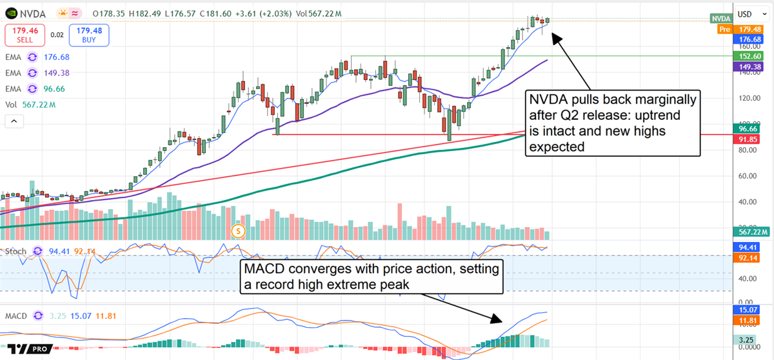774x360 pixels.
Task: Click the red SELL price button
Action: tap(26, 35)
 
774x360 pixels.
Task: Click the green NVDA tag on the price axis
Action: tap(721, 19)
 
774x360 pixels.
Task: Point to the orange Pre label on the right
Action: tap(726, 29)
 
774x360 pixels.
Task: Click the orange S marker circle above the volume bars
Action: tap(239, 230)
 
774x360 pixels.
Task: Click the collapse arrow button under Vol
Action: tap(14, 121)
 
